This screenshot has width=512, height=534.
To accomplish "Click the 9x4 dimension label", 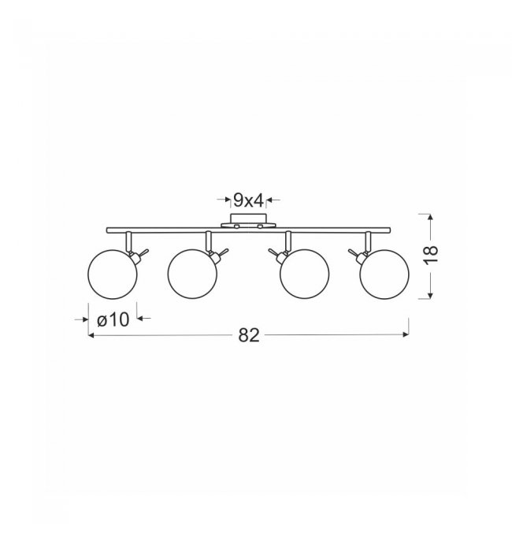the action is tap(248, 200).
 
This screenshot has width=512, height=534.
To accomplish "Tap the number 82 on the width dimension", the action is tap(249, 335).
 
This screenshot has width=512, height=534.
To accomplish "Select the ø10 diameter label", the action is tap(113, 319).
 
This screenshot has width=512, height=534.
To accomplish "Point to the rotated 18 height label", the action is tap(431, 253).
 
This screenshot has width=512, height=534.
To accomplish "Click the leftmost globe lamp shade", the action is tap(113, 274).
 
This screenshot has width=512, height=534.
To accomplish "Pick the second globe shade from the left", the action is tap(192, 274).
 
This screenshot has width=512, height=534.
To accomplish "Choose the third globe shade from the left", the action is tap(305, 274).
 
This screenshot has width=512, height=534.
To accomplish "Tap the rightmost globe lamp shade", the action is tap(384, 274).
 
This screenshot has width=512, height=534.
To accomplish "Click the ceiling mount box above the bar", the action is tap(248, 218).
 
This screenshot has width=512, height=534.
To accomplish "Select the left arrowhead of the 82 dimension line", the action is tap(91, 335).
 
